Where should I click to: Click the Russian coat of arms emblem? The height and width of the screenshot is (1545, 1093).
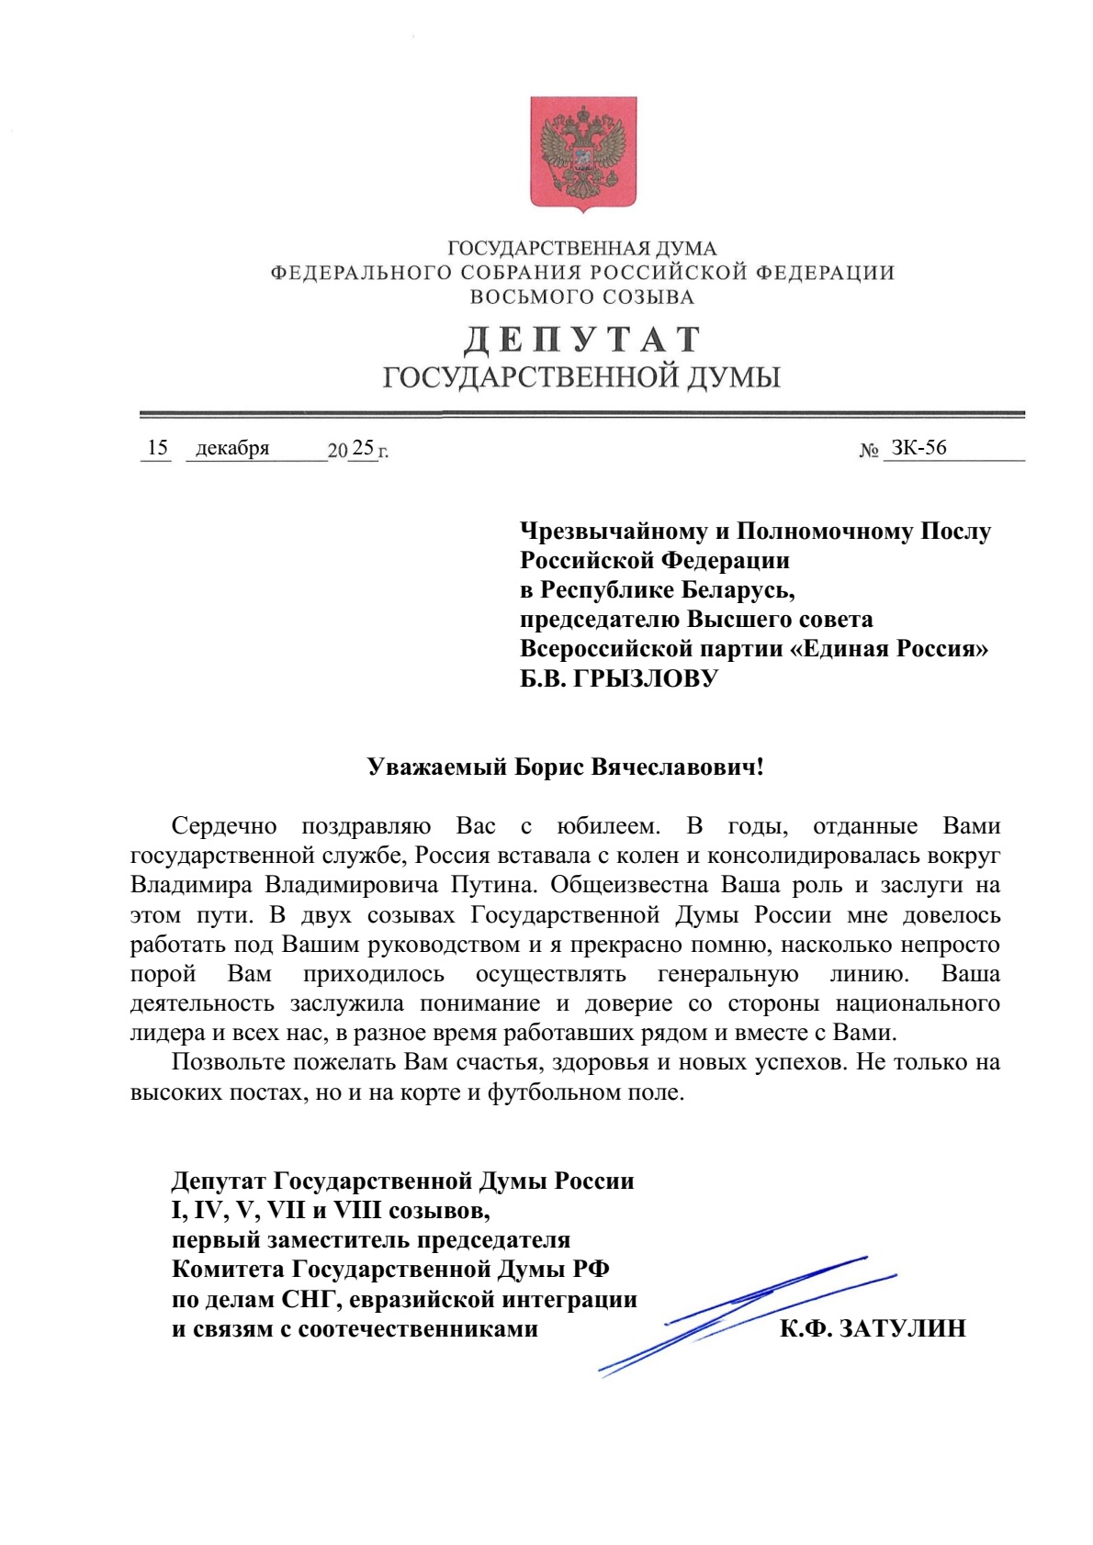pos(583,153)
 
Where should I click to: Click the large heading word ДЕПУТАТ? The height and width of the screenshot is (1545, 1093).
pos(582,340)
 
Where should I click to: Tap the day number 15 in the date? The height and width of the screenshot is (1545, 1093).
pos(157,447)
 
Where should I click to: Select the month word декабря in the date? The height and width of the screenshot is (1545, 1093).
pos(232,448)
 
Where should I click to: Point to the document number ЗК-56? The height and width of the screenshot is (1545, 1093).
pos(918,447)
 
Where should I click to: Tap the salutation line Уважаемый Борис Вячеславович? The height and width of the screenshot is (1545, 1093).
pos(565,767)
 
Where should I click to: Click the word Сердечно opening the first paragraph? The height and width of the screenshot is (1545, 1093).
pos(224,826)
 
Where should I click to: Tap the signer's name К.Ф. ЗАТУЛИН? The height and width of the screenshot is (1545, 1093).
pos(873,1328)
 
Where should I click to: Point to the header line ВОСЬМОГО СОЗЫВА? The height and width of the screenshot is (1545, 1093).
pos(582,297)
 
